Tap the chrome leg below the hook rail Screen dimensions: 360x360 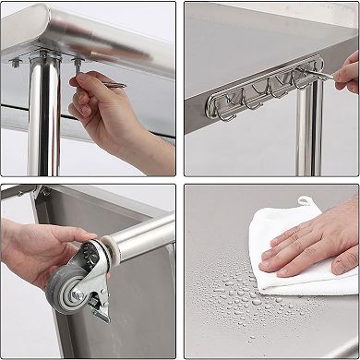pyautogui.click(x=309, y=138)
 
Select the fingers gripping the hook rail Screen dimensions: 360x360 pyautogui.click(x=346, y=74)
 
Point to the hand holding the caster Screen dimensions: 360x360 pyautogui.click(x=32, y=249)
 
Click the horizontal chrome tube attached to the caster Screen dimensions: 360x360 pyautogui.click(x=143, y=236)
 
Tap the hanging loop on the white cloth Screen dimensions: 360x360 pyautogui.click(x=304, y=200)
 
